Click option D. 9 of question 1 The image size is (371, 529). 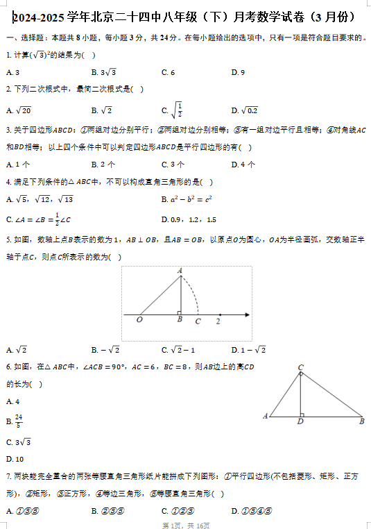tap(238, 72)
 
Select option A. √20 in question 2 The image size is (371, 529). tap(18, 110)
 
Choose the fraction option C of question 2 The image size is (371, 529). tap(173, 110)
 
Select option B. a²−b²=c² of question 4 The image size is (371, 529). tap(190, 200)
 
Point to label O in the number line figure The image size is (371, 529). tap(139, 320)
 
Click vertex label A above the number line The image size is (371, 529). tap(180, 271)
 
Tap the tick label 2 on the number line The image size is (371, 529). tap(218, 321)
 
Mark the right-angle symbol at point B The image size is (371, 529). tap(180, 312)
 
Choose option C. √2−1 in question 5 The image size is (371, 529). tap(178, 350)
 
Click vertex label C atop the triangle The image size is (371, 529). tap(300, 367)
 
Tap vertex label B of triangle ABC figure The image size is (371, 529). tap(361, 421)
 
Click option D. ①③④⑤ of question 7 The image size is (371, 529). tap(248, 512)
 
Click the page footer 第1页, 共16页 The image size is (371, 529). tap(185, 525)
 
